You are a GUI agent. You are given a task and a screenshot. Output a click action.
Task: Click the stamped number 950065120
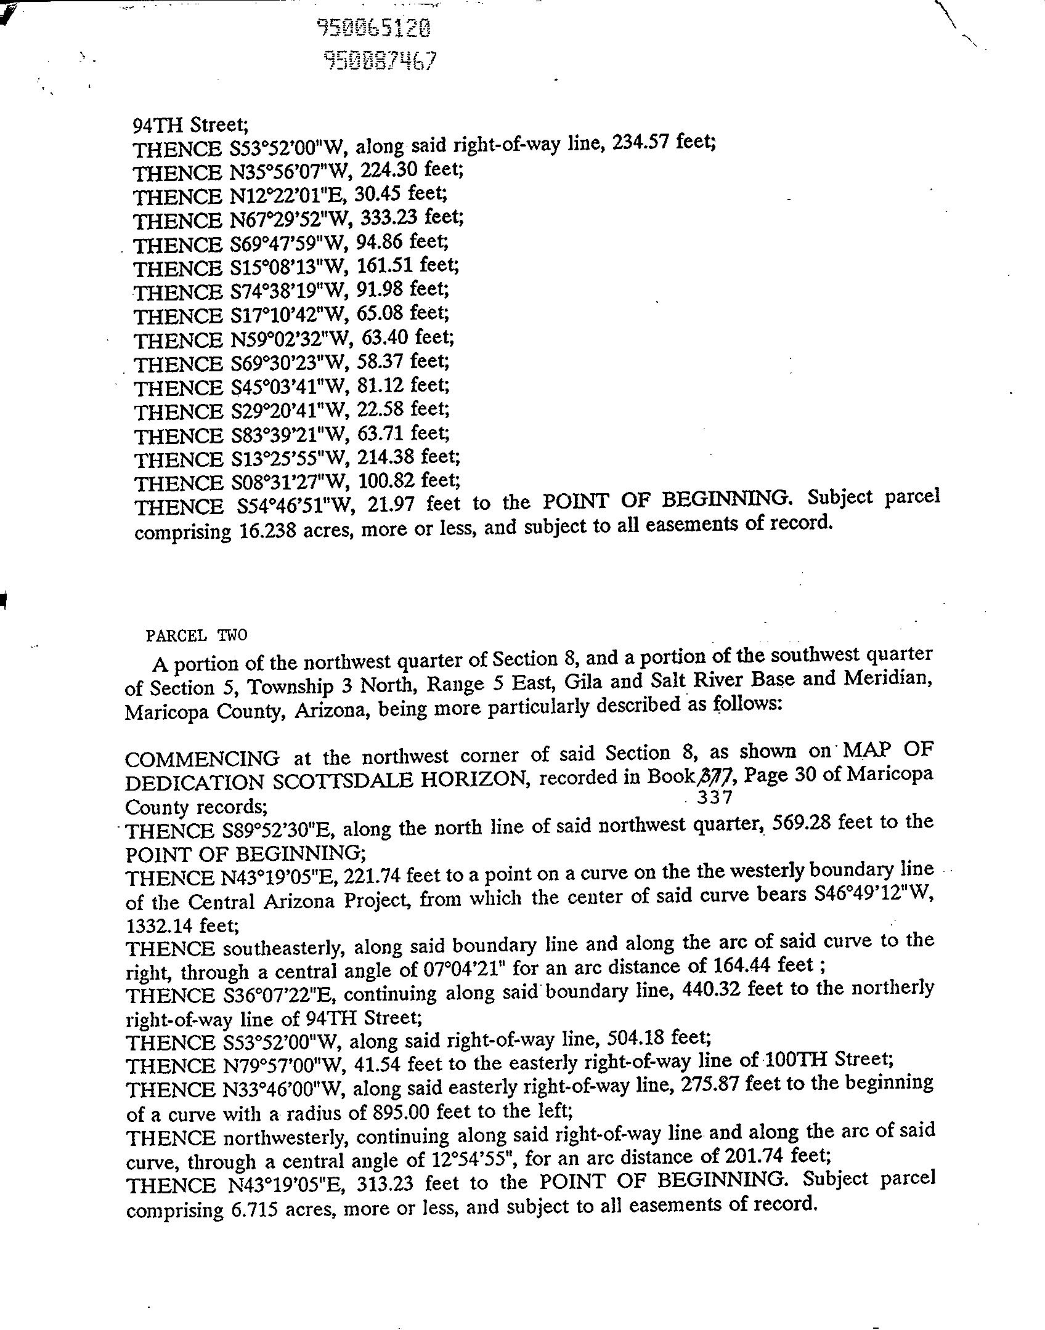click(373, 28)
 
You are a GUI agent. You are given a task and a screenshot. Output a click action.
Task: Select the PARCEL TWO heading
click(196, 635)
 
